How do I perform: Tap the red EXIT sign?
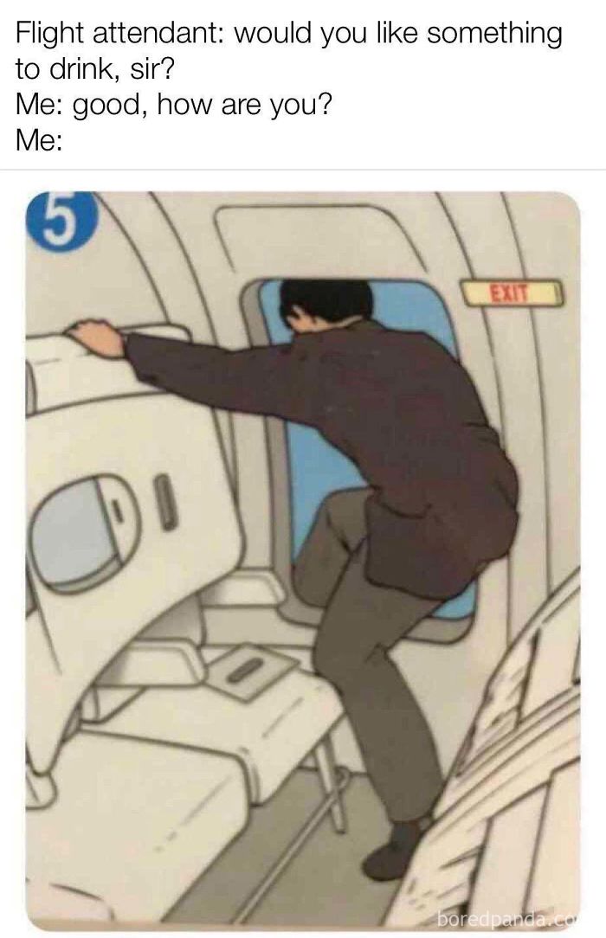coord(513,293)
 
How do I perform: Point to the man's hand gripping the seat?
coord(96,337)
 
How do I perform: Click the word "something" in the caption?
coord(493,34)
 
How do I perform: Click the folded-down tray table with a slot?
coord(255,670)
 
